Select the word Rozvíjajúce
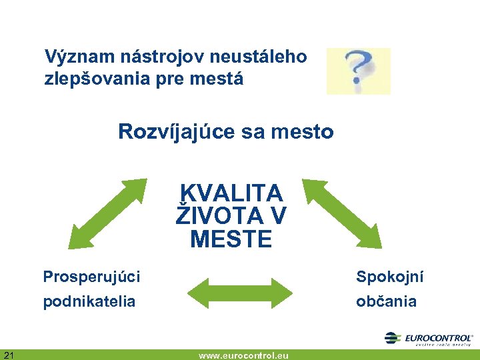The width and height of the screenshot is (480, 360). pyautogui.click(x=176, y=133)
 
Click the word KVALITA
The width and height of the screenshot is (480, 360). pyautogui.click(x=231, y=193)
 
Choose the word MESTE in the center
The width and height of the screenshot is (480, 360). pyautogui.click(x=231, y=239)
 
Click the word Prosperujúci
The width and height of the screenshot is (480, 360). pyautogui.click(x=91, y=277)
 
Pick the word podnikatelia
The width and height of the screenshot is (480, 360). pyautogui.click(x=89, y=301)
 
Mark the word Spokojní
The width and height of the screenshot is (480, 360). pyautogui.click(x=390, y=277)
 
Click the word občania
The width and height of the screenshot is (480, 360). pyautogui.click(x=387, y=301)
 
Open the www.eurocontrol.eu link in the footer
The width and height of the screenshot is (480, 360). pyautogui.click(x=243, y=355)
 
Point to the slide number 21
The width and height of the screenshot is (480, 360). pyautogui.click(x=9, y=354)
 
